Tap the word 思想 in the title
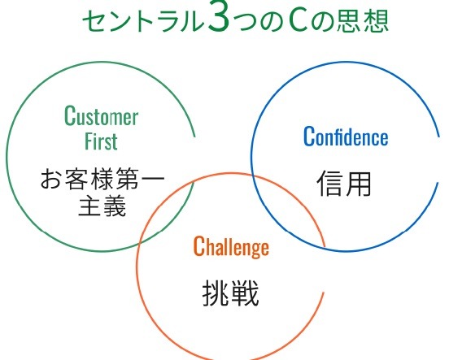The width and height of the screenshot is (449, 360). coord(362,21)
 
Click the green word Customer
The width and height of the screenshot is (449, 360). coord(102,115)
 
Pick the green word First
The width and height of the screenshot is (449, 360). coord(101,141)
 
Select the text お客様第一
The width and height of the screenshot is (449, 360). coord(102,180)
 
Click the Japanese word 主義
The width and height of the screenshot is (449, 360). coord(102,206)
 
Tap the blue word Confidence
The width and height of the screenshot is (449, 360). coord(346,137)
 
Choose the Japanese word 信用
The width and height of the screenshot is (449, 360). coord(344,184)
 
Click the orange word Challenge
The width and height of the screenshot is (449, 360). coord(231,247)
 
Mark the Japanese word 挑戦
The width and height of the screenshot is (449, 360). coord(230,293)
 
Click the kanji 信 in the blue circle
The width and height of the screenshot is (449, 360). coord(330,184)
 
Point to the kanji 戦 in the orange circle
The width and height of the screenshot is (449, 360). coord(246,293)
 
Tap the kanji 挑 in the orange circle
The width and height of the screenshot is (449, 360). coord(216,293)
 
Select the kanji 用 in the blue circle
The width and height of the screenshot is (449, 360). coord(359,184)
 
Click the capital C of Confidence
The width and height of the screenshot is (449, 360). coord(309,137)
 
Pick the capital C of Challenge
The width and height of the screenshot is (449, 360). coord(198,246)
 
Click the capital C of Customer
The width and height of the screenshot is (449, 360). coord(70,115)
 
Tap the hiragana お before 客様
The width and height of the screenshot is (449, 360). coord(51,180)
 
